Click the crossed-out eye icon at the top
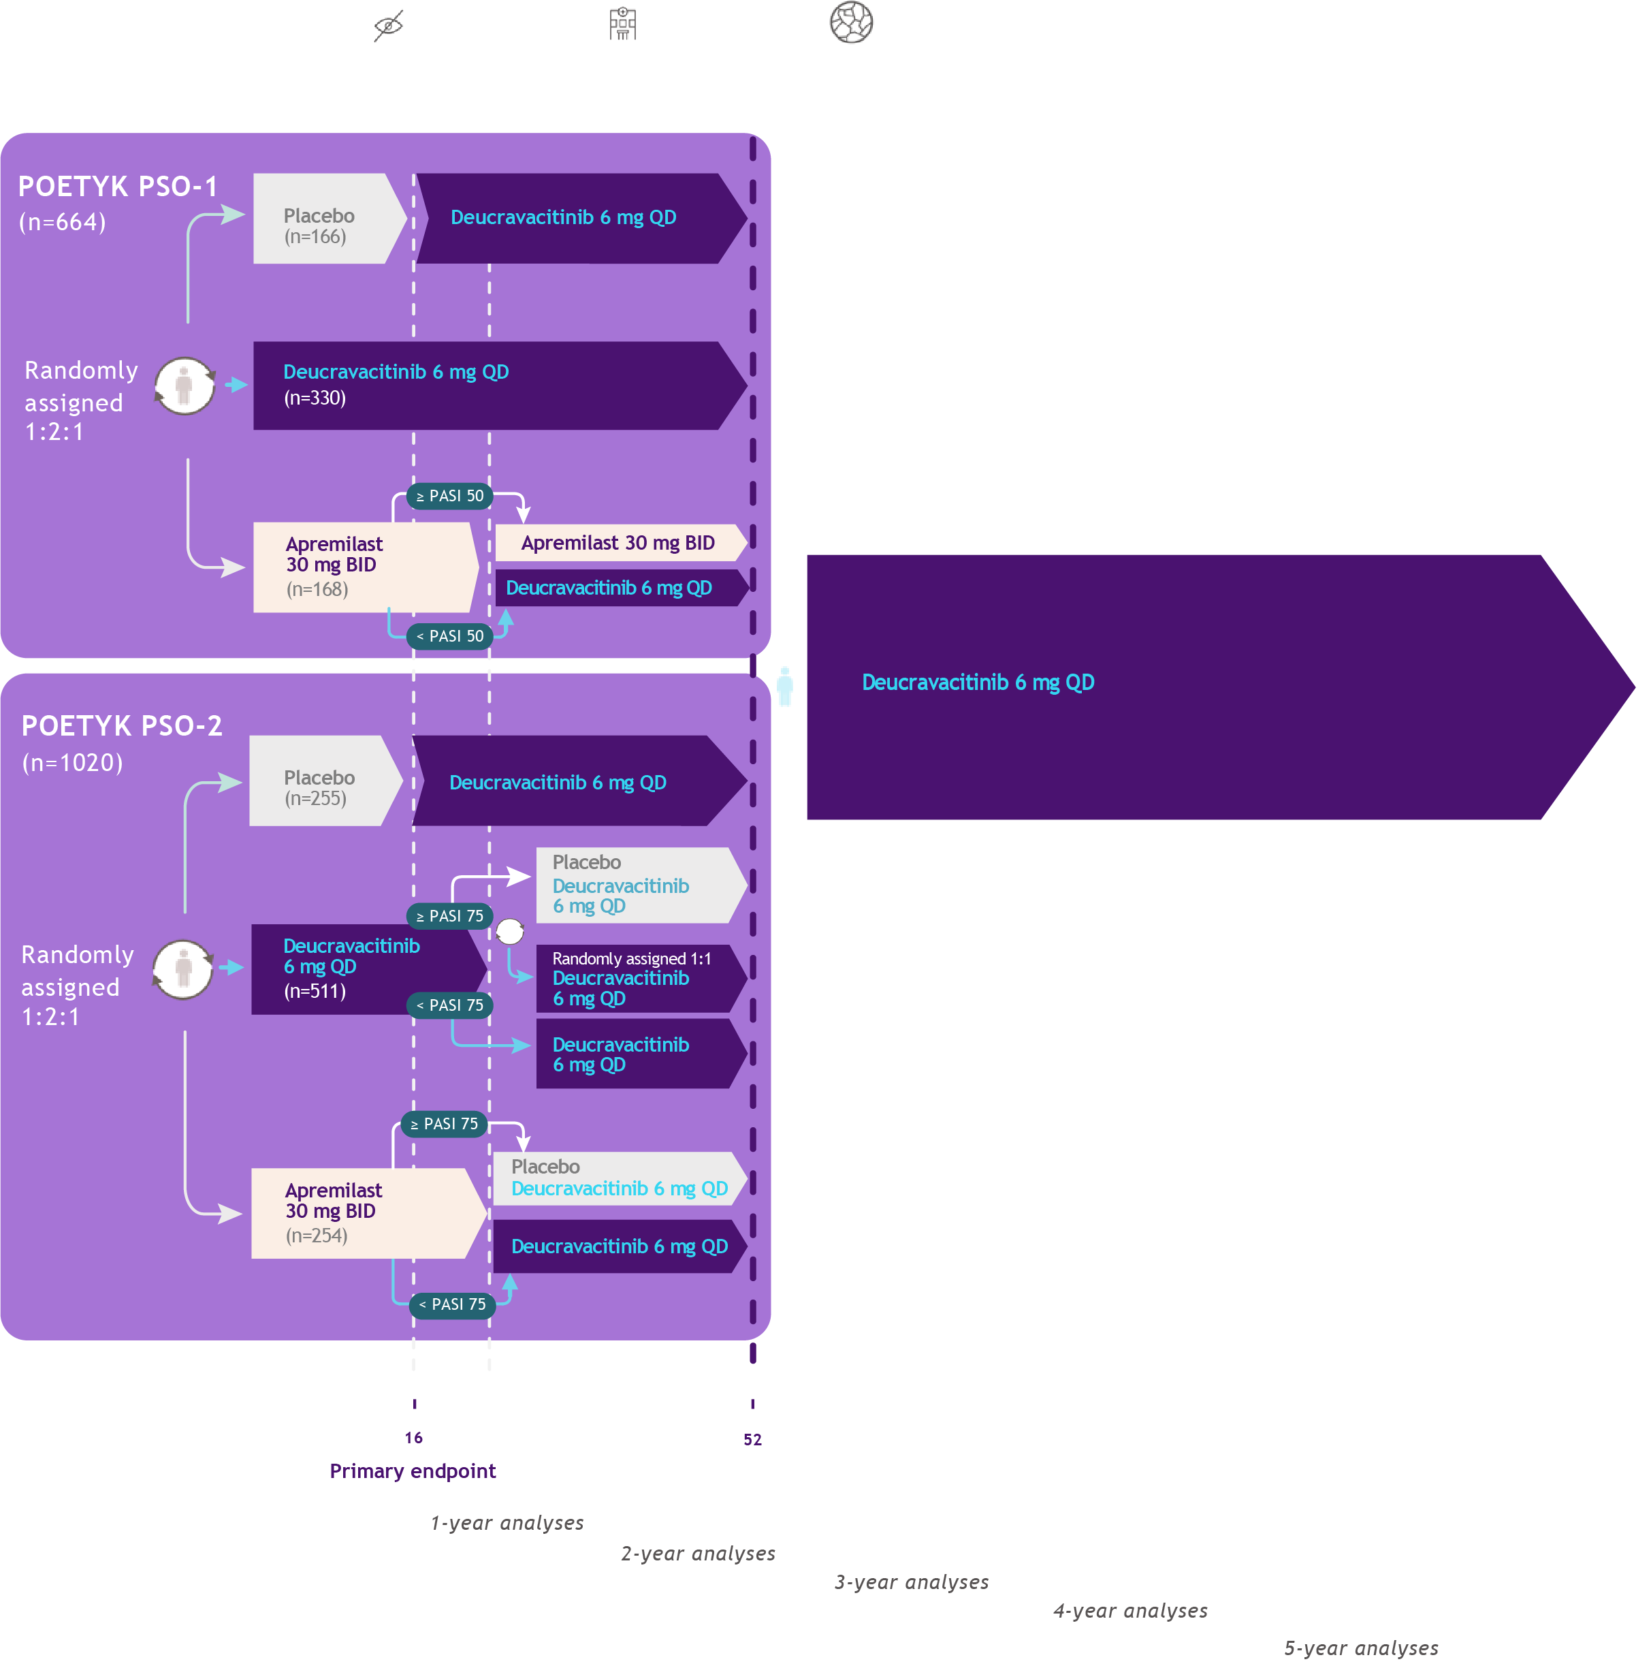pyautogui.click(x=389, y=25)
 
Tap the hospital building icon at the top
pyautogui.click(x=622, y=23)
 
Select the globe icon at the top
pyautogui.click(x=851, y=22)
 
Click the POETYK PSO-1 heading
pyautogui.click(x=118, y=186)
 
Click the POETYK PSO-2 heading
pyautogui.click(x=122, y=726)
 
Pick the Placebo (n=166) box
pyautogui.click(x=323, y=219)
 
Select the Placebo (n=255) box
pyautogui.click(x=321, y=781)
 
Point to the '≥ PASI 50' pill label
pyautogui.click(x=449, y=496)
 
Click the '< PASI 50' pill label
pyautogui.click(x=449, y=636)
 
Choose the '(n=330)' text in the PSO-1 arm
pyautogui.click(x=315, y=398)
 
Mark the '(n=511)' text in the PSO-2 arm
pyautogui.click(x=315, y=991)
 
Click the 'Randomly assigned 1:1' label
pyautogui.click(x=631, y=959)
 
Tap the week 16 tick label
pyautogui.click(x=414, y=1437)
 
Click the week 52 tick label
pyautogui.click(x=752, y=1439)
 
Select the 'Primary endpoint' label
pyautogui.click(x=412, y=1471)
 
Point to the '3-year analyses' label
pyautogui.click(x=911, y=1582)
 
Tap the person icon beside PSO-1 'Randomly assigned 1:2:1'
pyautogui.click(x=184, y=386)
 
